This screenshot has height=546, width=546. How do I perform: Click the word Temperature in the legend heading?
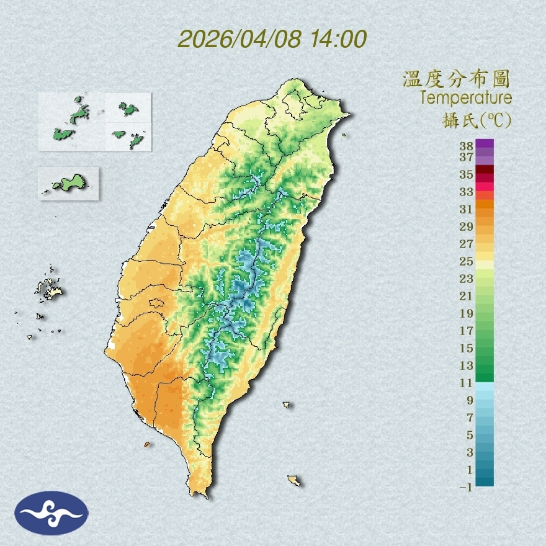pos(465,97)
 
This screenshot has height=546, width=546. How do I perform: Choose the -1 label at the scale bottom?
pos(465,487)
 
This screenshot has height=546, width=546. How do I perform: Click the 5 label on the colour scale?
pos(470,434)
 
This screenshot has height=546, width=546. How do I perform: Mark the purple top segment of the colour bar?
pos(485,143)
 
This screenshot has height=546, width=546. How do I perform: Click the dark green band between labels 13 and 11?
pos(485,374)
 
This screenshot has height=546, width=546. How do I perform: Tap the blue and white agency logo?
pos(51,512)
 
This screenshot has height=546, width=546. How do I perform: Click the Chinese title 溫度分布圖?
pos(457,79)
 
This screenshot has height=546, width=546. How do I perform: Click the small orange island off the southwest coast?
pos(147,444)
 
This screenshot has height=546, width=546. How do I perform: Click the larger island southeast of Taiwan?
pos(293,480)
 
